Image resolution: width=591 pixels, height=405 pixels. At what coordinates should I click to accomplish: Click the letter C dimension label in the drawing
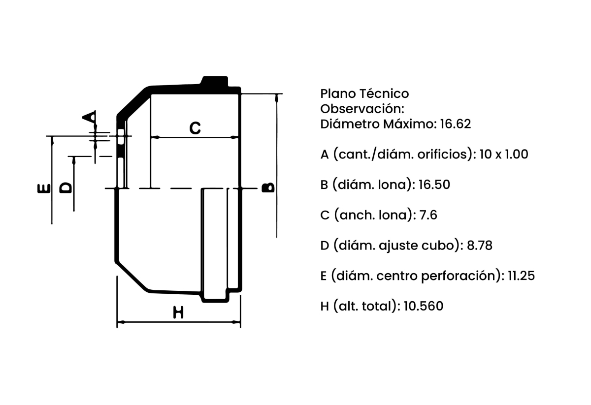click(195, 128)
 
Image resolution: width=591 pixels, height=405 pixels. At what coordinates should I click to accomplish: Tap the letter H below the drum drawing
click(178, 312)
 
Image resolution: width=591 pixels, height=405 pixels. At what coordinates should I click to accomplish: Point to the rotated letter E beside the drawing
click(44, 188)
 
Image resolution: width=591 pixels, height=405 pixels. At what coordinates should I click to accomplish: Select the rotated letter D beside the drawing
click(66, 187)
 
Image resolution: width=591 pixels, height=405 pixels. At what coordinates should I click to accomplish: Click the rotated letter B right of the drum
click(268, 187)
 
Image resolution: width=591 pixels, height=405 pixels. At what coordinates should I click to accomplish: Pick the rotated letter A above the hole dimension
click(89, 116)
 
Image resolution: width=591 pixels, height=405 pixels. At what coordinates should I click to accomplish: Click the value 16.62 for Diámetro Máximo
click(456, 124)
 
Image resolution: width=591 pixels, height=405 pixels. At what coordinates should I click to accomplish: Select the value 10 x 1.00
click(504, 154)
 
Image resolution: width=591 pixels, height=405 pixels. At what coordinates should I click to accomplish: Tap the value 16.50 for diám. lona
click(434, 185)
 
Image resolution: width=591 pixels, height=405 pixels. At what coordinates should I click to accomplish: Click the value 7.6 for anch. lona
click(428, 215)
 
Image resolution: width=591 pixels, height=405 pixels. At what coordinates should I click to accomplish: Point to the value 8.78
click(480, 246)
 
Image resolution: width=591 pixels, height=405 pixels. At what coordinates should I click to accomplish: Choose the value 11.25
click(522, 276)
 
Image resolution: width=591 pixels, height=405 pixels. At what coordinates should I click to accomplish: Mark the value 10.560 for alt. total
click(424, 306)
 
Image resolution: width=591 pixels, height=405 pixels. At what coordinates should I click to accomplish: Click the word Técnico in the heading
click(384, 93)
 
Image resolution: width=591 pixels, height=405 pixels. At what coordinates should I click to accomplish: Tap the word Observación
click(362, 109)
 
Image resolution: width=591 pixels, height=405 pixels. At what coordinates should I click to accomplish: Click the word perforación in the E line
click(461, 276)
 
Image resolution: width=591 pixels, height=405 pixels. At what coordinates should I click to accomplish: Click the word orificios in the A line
click(445, 154)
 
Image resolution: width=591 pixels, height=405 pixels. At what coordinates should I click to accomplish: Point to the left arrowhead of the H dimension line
click(121, 322)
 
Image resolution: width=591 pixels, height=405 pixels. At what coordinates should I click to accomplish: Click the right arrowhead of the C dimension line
click(234, 137)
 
